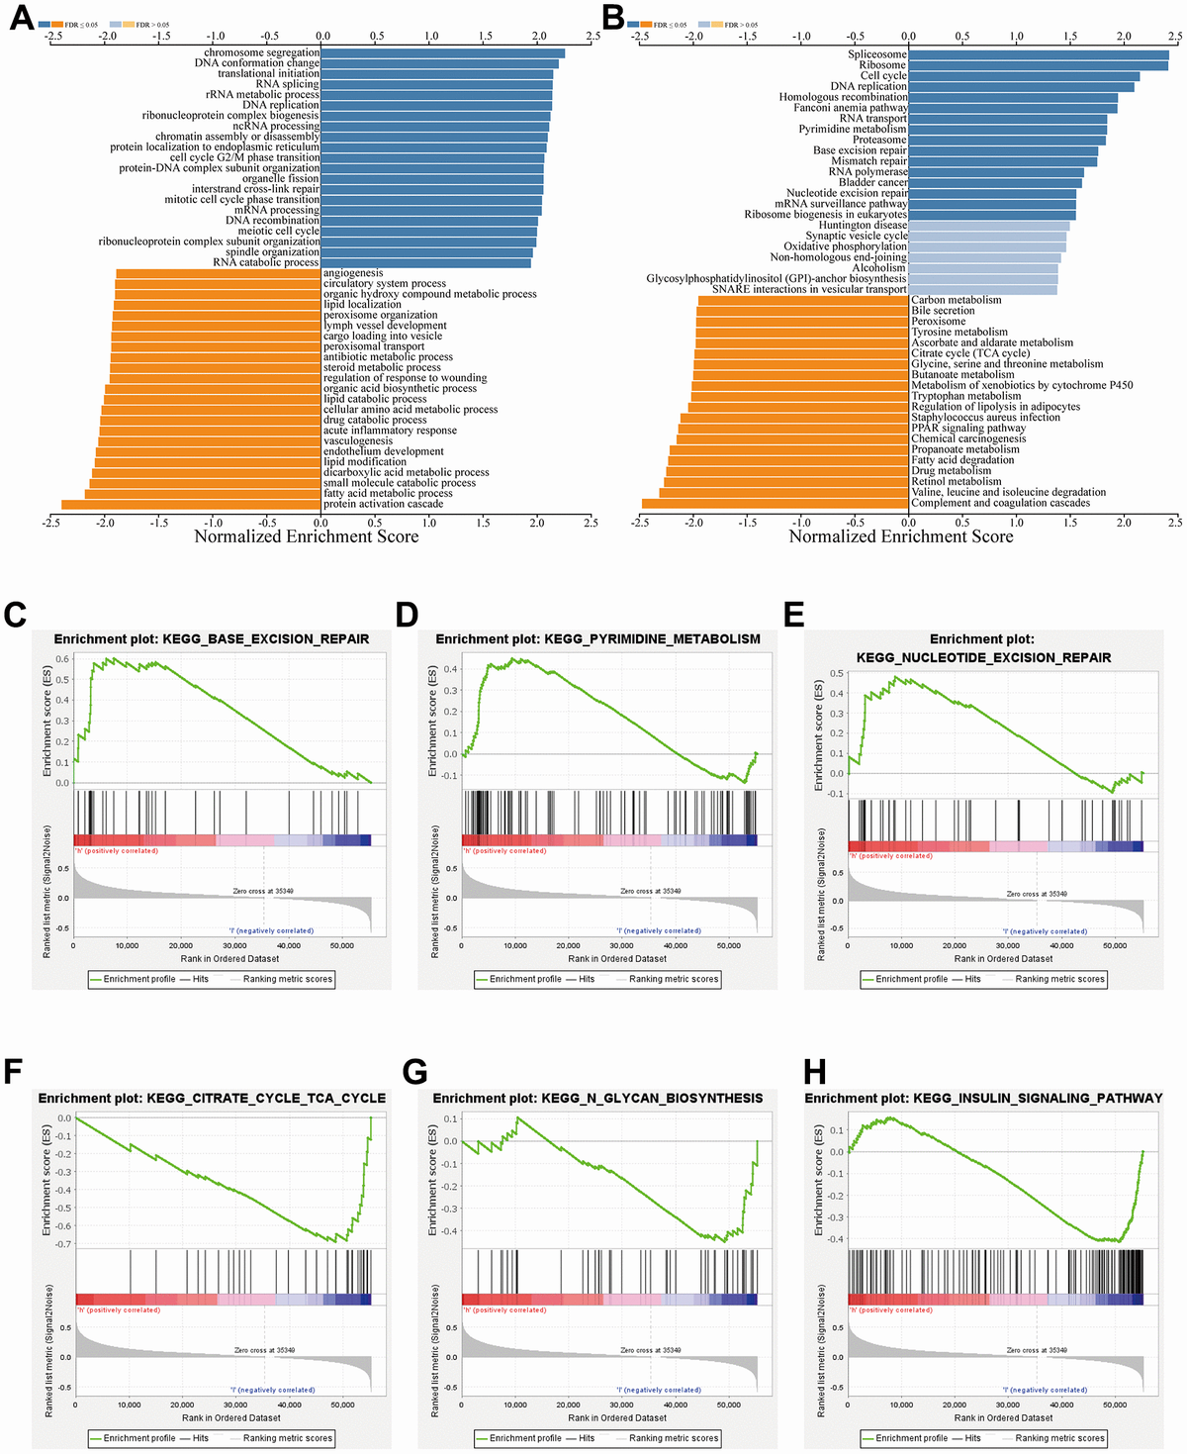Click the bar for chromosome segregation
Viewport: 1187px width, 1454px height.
[x=442, y=53]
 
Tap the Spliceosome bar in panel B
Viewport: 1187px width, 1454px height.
[x=1039, y=55]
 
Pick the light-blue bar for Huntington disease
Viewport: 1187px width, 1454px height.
[x=989, y=226]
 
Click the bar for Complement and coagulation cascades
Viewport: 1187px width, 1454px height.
[x=776, y=504]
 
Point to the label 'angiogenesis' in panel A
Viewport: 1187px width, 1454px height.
[x=353, y=273]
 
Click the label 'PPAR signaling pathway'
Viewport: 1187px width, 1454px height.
[x=968, y=429]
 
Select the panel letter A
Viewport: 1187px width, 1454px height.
[x=21, y=18]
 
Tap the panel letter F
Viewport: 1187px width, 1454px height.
[x=14, y=1072]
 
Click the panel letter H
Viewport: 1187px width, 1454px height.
[x=817, y=1072]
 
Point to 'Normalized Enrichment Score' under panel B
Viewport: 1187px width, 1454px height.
[x=901, y=536]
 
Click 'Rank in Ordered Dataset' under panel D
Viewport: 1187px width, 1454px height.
[x=617, y=959]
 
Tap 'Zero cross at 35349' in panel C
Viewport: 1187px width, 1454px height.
[x=263, y=892]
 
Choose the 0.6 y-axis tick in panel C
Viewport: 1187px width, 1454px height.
[x=62, y=659]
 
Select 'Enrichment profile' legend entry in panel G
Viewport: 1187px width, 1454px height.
[x=525, y=1438]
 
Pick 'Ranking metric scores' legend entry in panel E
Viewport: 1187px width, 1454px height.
[x=1059, y=979]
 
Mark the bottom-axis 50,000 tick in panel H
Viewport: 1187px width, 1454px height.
[x=1115, y=1406]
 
